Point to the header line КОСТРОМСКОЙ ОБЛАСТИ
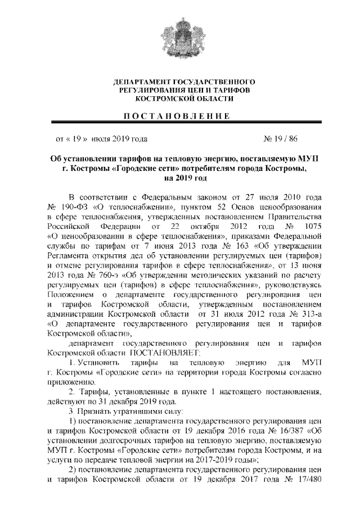(180, 98)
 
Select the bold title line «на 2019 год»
(180, 178)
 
